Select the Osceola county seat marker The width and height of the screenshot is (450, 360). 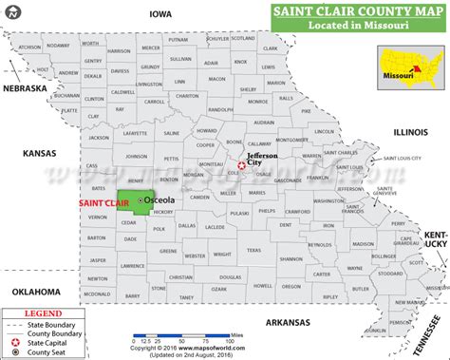pos(140,201)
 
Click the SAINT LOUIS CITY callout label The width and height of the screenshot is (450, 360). pos(403,158)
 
